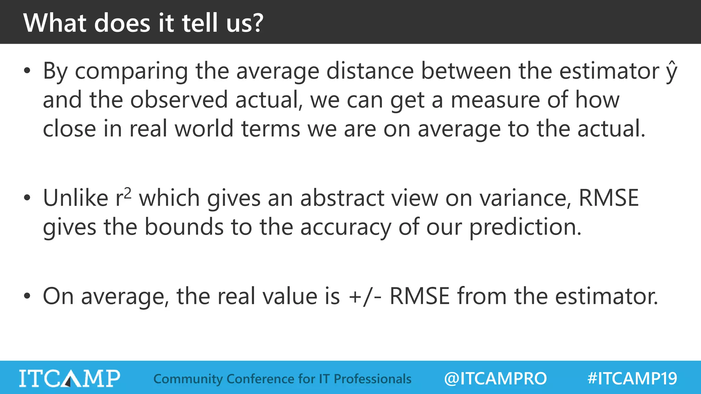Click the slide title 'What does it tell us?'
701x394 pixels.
click(x=143, y=23)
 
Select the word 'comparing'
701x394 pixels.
click(x=131, y=72)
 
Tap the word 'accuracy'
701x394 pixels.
click(x=346, y=228)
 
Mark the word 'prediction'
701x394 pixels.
click(x=525, y=227)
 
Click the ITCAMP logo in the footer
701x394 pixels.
click(x=69, y=378)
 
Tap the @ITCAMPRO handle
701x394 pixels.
click(x=495, y=378)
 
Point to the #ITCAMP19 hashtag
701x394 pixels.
click(x=632, y=378)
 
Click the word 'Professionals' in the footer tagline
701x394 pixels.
click(x=372, y=379)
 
